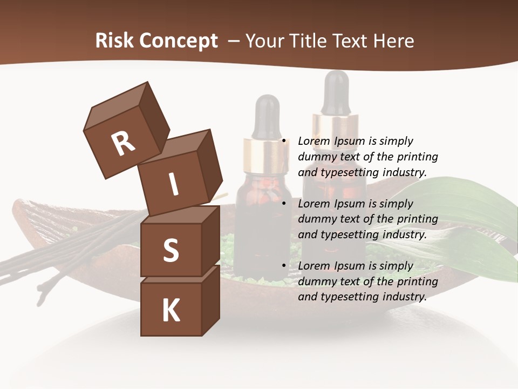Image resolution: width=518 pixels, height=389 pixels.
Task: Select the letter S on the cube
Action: (x=171, y=250)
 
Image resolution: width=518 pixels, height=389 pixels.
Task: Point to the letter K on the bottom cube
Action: (x=171, y=311)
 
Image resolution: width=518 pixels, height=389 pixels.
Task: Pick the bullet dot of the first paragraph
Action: (x=283, y=142)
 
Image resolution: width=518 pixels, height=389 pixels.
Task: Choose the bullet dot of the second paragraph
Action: (x=283, y=204)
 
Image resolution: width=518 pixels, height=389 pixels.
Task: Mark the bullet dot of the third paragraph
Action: (x=283, y=266)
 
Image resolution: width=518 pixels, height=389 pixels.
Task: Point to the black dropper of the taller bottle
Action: (x=336, y=92)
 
